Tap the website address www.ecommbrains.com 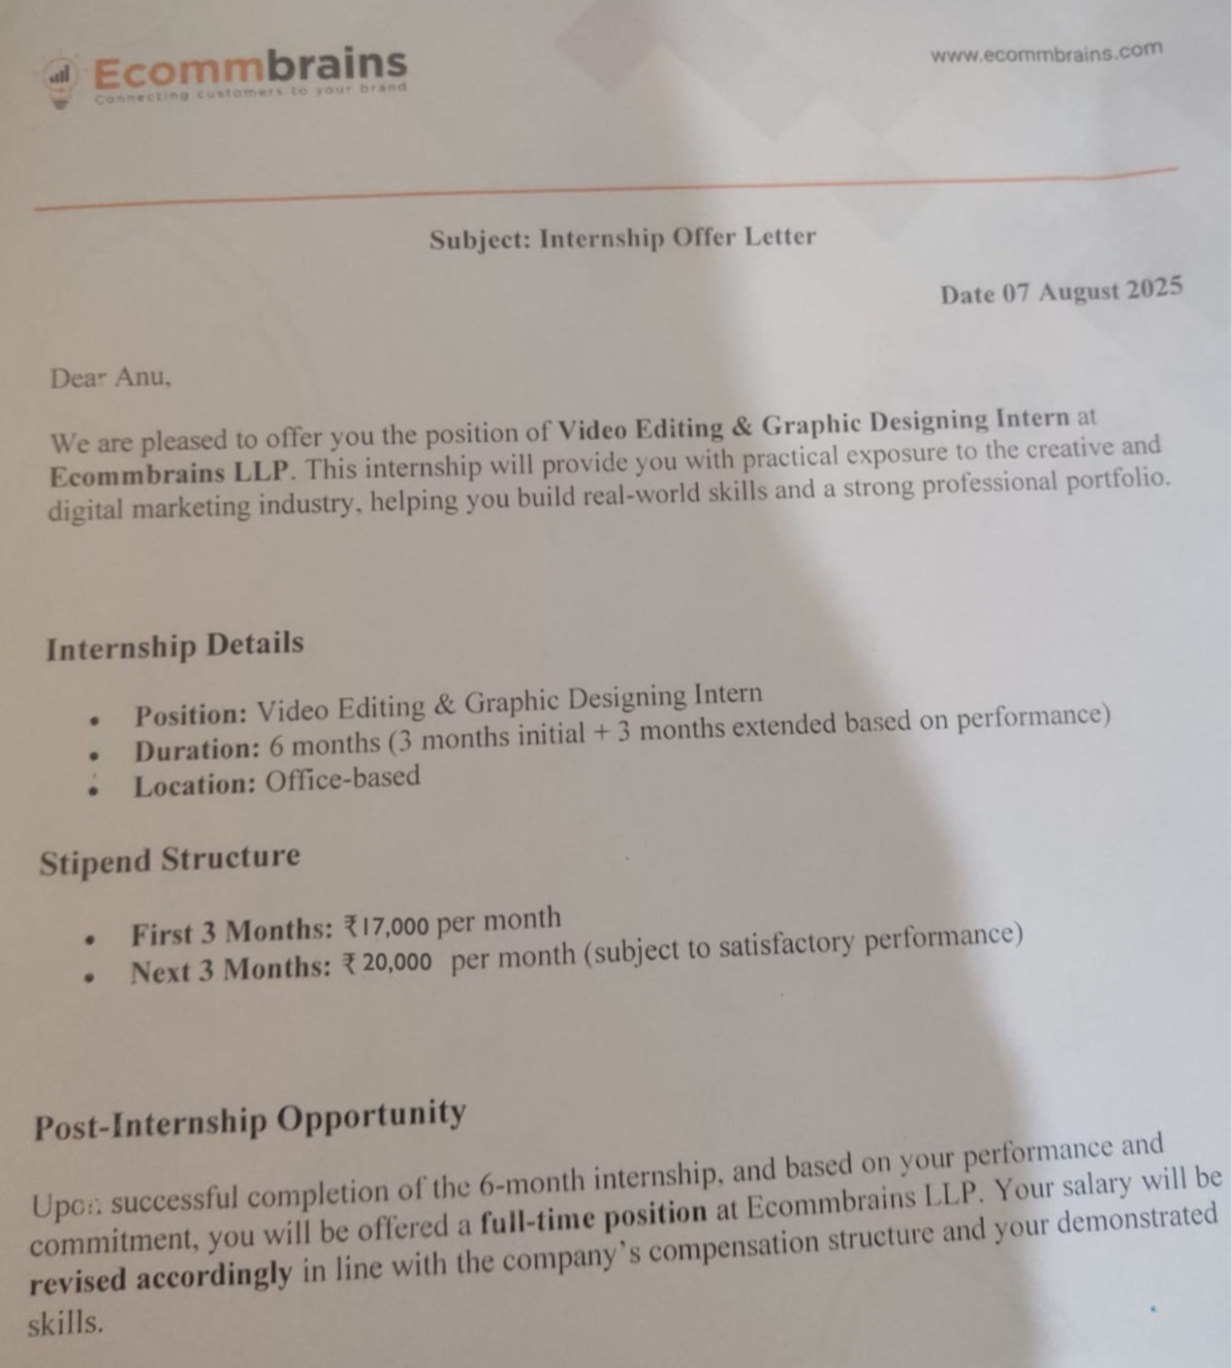tap(1046, 52)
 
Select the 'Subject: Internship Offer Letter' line tap(623, 238)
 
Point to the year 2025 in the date tap(1154, 288)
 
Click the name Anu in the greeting tap(142, 377)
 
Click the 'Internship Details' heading tap(174, 645)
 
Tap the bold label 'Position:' tap(190, 715)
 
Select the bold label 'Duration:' tap(196, 750)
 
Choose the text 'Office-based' tap(342, 778)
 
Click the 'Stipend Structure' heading tap(169, 859)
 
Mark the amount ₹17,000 tap(386, 926)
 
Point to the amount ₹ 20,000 tap(388, 963)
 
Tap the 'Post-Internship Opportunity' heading tap(249, 1119)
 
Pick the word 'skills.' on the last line tap(66, 1324)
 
